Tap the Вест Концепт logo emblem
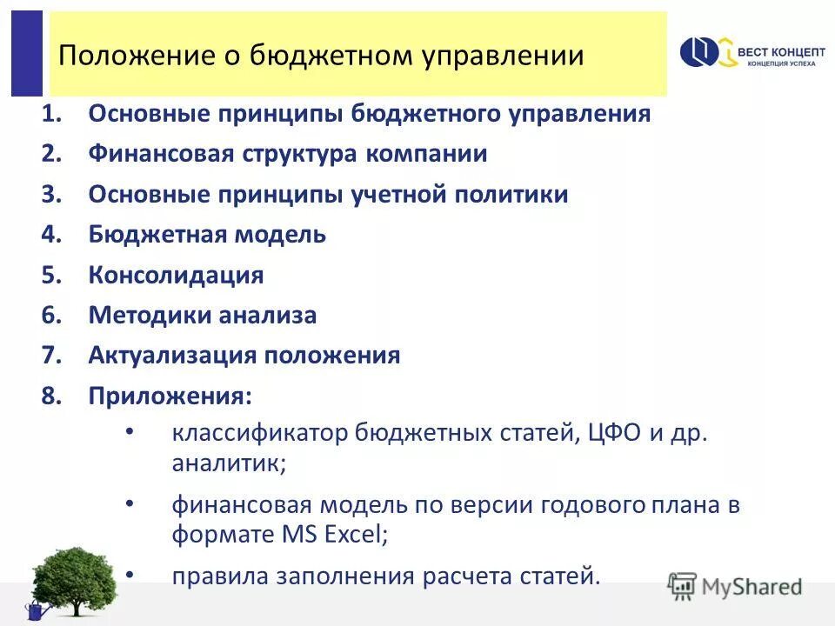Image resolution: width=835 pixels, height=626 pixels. [x=705, y=53]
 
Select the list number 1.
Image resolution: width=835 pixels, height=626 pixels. [x=50, y=115]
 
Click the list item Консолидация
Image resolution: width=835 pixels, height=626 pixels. [x=176, y=276]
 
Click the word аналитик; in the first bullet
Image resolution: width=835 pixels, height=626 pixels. [x=229, y=463]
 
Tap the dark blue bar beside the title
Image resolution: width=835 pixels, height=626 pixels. [x=26, y=53]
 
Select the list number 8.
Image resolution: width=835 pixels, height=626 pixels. [x=50, y=396]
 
